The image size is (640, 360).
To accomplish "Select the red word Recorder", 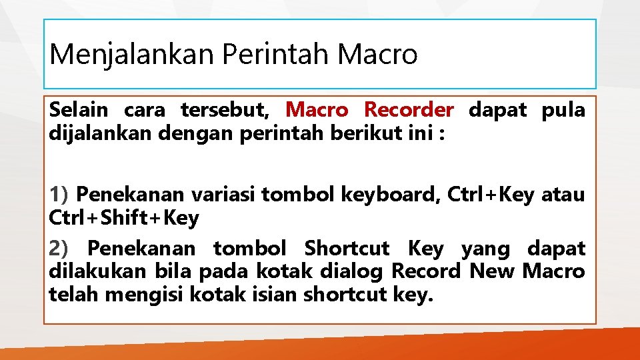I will point(409,109).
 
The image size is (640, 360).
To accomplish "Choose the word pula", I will point(565,109).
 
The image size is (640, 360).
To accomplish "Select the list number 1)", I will point(59,195).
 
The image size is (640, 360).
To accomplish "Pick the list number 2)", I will point(59,249).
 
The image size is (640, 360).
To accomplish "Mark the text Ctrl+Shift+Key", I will point(124,217).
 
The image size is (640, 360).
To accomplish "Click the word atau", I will point(563,195).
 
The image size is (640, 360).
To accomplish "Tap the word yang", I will point(485,249).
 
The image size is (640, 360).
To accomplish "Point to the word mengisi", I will point(137,294).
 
